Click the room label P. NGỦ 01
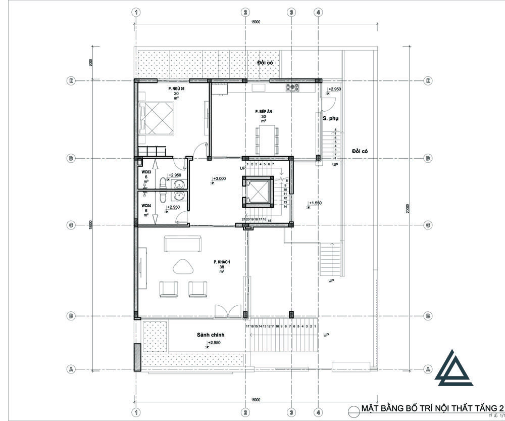tap(176, 88)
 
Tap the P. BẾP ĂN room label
tap(263, 111)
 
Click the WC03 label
tap(146, 172)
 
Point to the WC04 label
tap(146, 206)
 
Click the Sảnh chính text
tap(211, 335)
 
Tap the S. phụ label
tap(331, 118)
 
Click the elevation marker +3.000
tap(219, 178)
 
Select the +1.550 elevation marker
tap(315, 203)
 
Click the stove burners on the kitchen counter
tap(292, 87)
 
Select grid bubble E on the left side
tap(71, 81)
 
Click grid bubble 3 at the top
tap(291, 12)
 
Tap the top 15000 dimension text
tap(256, 22)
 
